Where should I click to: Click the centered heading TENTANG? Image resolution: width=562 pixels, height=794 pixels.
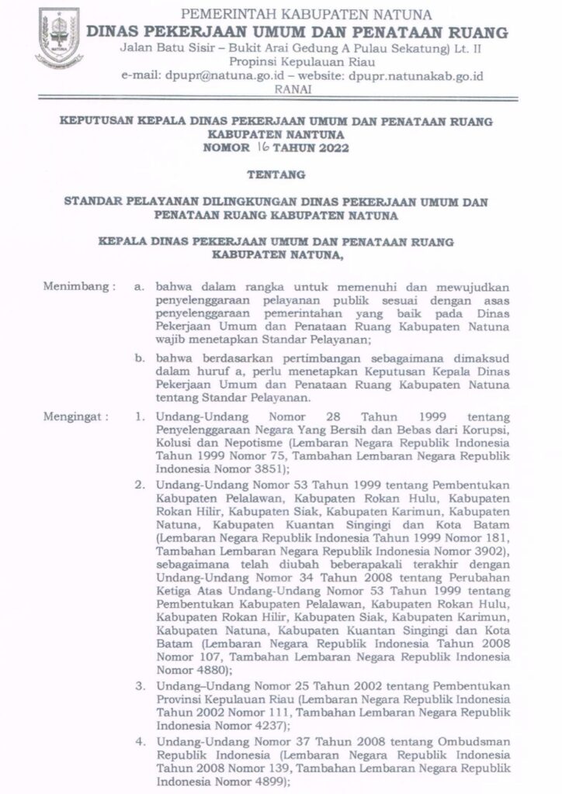(280, 175)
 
